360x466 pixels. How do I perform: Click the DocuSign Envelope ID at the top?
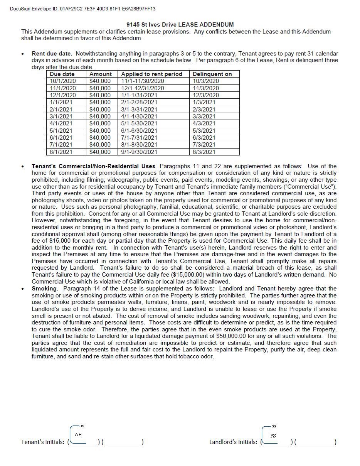point(82,9)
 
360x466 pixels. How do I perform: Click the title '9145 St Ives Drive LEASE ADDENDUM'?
point(180,25)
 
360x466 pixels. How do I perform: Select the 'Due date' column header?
point(62,74)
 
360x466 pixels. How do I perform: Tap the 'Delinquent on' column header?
point(212,74)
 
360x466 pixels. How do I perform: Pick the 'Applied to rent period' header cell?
point(151,74)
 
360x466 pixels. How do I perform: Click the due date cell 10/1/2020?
point(63,81)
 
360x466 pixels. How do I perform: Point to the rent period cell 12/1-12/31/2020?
point(143,88)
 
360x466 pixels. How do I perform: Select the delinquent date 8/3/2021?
point(204,152)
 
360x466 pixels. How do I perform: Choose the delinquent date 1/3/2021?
point(204,102)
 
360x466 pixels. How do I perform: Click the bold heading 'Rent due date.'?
point(52,54)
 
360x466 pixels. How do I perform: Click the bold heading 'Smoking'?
point(44,289)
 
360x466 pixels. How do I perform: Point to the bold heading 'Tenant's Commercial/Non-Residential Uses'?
point(94,166)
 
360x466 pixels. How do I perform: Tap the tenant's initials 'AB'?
point(78,435)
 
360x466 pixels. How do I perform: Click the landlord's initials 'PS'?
point(273,436)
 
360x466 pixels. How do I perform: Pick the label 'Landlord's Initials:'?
point(233,442)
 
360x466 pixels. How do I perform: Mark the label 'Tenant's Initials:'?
point(43,442)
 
